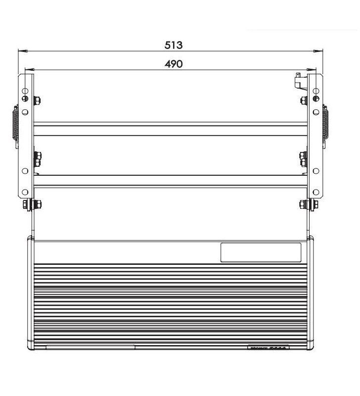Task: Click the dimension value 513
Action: coord(174,45)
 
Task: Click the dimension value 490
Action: coord(174,64)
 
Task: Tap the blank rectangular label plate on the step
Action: coord(261,252)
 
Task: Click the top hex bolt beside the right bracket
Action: coord(304,101)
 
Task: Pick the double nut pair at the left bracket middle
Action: coord(37,159)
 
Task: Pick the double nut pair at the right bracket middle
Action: coord(303,159)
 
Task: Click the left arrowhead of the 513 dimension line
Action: coord(21,50)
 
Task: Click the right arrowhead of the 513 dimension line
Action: coord(320,50)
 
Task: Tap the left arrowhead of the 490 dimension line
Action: coord(29,69)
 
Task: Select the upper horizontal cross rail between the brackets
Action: coord(170,129)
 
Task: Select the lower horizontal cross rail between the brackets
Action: coord(170,181)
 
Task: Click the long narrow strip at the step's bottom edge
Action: coord(90,346)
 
